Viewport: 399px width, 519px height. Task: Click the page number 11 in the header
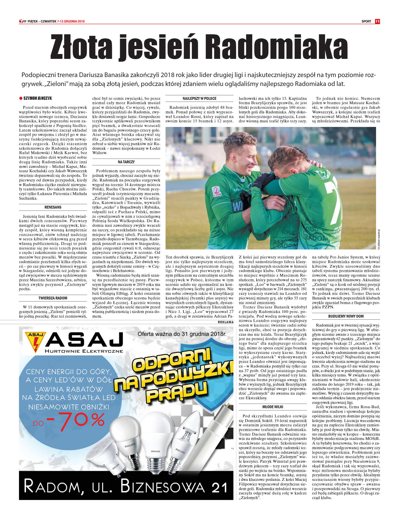pyautogui.click(x=377, y=21)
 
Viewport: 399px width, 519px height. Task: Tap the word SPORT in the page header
pyautogui.click(x=366, y=21)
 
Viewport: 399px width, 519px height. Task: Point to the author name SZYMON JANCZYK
pyautogui.click(x=38, y=98)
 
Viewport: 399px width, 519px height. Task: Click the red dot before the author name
pyautogui.click(x=21, y=98)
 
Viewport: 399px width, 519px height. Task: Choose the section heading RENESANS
pyautogui.click(x=53, y=207)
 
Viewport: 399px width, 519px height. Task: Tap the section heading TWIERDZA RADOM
pyautogui.click(x=53, y=298)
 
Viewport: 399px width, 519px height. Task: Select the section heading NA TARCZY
pyautogui.click(x=126, y=162)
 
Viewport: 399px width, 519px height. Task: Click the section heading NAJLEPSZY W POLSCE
pyautogui.click(x=199, y=99)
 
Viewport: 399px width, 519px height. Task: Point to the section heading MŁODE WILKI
pyautogui.click(x=273, y=407)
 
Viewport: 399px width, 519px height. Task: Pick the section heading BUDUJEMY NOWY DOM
pyautogui.click(x=346, y=316)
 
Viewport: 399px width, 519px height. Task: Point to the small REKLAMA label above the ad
pyautogui.click(x=226, y=322)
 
